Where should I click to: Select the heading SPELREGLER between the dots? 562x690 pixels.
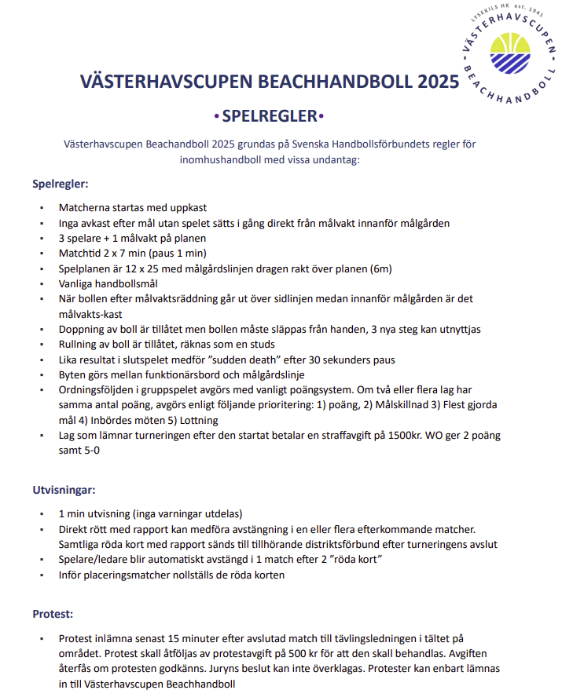(x=268, y=117)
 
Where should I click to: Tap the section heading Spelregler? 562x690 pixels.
(x=60, y=184)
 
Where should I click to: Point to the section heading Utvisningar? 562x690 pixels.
(x=64, y=490)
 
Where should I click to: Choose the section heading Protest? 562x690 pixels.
(x=53, y=613)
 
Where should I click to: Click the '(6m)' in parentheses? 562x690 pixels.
(x=377, y=268)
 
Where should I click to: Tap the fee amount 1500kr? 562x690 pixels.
(x=400, y=436)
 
